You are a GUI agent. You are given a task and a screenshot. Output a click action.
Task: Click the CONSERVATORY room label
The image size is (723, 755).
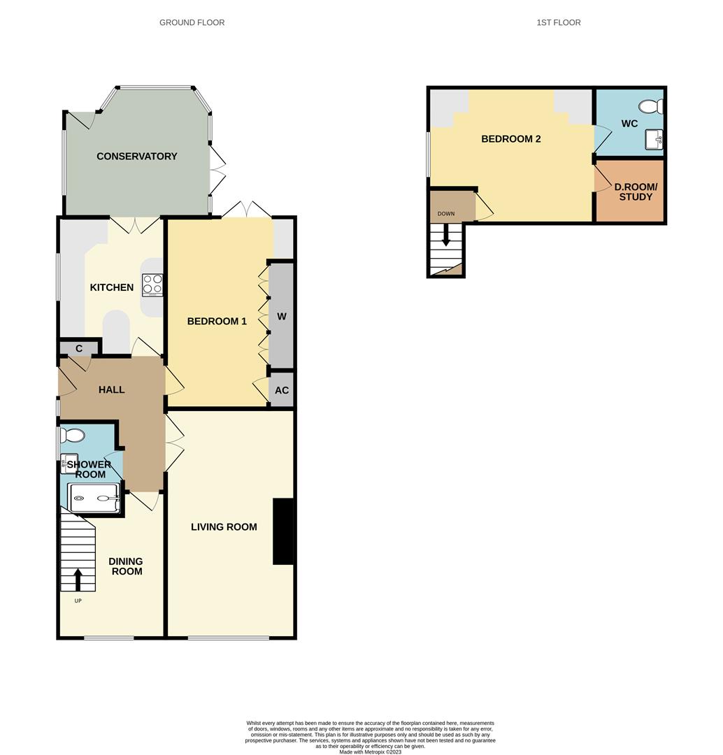click(x=136, y=156)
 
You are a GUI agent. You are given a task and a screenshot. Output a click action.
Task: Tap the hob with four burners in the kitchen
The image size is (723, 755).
click(x=153, y=285)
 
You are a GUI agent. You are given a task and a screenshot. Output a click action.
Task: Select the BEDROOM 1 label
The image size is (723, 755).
click(x=217, y=321)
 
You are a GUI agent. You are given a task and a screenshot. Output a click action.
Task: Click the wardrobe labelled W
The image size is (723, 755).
click(x=282, y=316)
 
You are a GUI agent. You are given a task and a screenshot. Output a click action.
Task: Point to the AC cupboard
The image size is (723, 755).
click(x=282, y=391)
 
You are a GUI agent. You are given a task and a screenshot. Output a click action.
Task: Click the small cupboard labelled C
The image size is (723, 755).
click(x=79, y=348)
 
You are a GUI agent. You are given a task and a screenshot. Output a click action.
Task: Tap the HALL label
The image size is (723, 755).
click(x=111, y=389)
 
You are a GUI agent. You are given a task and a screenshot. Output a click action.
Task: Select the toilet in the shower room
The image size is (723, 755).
click(x=72, y=436)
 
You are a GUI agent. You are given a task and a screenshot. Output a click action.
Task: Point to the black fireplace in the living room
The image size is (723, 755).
click(x=282, y=531)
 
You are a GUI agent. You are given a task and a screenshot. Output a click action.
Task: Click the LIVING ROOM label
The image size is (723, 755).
click(x=224, y=527)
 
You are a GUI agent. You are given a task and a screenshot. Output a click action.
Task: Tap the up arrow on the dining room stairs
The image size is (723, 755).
click(x=78, y=580)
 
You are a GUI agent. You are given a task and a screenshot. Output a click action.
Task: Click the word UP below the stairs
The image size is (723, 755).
click(x=78, y=601)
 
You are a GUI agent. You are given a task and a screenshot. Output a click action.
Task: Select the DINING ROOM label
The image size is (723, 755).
click(x=126, y=566)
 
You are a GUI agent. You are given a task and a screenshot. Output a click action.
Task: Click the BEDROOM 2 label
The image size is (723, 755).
click(x=510, y=138)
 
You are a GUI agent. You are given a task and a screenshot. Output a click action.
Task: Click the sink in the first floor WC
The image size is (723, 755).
click(x=656, y=139)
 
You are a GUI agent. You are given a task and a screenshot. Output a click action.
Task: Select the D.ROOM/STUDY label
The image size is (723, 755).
click(x=633, y=192)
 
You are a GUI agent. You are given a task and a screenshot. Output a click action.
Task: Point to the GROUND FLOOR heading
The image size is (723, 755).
click(x=192, y=22)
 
